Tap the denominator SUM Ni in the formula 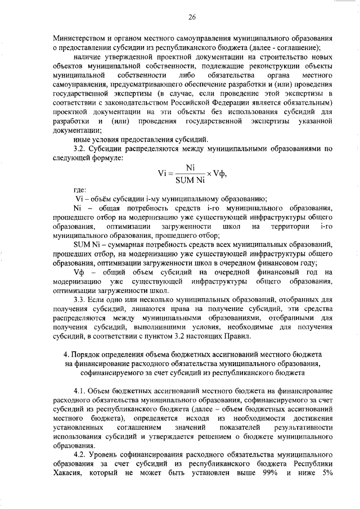point(190,180)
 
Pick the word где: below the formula point(81,191)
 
